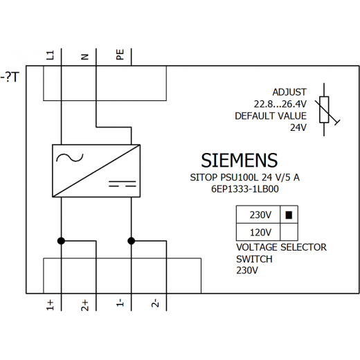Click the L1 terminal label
51,55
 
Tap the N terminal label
85,57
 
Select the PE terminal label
120,55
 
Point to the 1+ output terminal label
50,305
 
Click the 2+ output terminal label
85,305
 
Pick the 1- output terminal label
120,303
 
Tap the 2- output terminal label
155,303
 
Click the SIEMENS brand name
240,161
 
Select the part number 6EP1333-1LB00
245,189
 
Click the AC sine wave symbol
70,157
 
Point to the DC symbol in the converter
123,184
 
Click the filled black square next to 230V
289,215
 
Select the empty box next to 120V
289,232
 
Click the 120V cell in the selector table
258,232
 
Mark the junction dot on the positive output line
61,241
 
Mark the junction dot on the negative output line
132,241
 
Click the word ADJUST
289,92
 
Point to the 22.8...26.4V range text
280,104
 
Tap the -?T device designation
10,77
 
